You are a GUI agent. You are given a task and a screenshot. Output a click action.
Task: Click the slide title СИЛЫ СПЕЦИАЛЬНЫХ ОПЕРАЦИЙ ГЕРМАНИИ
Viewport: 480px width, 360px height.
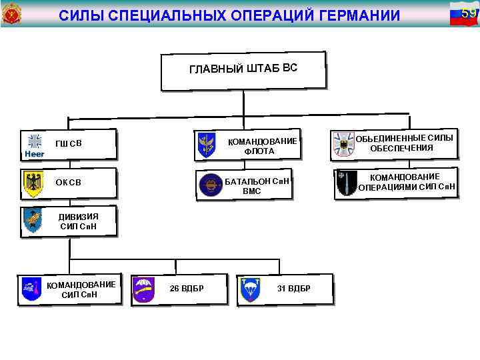click(x=229, y=15)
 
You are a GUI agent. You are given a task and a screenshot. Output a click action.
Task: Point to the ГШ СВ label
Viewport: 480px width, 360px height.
click(x=69, y=143)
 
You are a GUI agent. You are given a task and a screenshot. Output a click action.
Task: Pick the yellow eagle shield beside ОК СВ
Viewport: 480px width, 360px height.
click(x=33, y=184)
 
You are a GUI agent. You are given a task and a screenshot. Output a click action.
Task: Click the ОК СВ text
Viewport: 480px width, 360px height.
click(x=69, y=183)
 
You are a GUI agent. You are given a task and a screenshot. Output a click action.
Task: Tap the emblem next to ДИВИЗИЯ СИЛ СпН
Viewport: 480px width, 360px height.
click(x=32, y=221)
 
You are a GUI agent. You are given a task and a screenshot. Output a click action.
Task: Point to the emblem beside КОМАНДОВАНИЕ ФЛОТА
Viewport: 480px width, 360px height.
click(x=206, y=145)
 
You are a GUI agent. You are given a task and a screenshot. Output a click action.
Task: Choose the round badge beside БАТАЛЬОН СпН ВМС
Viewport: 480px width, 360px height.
click(x=210, y=185)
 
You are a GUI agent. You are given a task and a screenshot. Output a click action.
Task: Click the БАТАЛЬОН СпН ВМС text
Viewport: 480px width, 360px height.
click(x=257, y=186)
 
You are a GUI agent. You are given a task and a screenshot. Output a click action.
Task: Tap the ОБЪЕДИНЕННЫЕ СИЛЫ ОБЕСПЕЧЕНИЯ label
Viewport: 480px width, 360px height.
click(x=404, y=143)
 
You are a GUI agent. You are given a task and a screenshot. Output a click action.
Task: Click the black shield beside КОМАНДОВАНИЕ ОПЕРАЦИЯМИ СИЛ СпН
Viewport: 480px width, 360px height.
click(x=346, y=183)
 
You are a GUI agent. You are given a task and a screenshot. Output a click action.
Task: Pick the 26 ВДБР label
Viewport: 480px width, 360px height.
click(x=187, y=288)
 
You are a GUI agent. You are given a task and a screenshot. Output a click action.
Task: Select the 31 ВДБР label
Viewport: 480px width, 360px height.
click(x=294, y=288)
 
